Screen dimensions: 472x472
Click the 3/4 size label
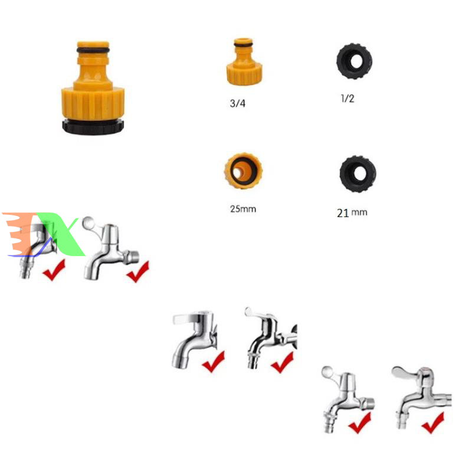[238, 103]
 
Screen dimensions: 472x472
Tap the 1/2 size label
[348, 98]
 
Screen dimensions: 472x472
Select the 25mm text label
[243, 209]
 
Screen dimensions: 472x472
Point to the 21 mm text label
[352, 213]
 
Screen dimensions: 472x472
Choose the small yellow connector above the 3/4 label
[244, 61]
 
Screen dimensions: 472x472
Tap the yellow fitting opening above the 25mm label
[243, 171]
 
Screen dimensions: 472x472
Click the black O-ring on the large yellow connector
[93, 50]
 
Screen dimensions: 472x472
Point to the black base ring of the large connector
[93, 127]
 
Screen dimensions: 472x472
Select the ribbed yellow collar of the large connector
[93, 102]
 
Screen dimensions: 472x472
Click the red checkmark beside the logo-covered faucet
[54, 270]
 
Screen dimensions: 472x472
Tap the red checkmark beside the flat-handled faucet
[214, 362]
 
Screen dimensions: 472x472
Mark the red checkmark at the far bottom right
[433, 423]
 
